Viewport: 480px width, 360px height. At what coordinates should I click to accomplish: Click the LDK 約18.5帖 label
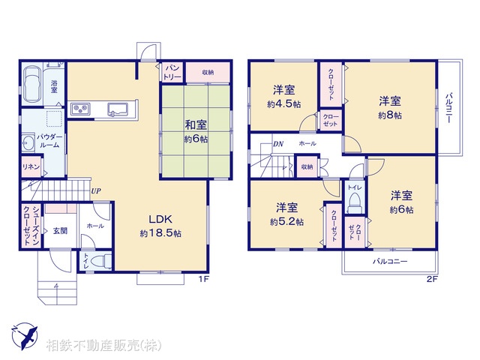(160, 225)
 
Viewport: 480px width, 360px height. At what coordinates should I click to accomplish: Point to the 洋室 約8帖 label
(389, 106)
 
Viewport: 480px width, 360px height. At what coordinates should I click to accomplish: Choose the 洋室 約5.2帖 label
(286, 214)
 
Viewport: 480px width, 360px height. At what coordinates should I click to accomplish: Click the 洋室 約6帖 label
(400, 202)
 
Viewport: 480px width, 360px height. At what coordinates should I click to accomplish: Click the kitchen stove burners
(81, 110)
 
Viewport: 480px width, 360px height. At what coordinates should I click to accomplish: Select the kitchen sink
(118, 109)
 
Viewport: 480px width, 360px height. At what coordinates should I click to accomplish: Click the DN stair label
(277, 143)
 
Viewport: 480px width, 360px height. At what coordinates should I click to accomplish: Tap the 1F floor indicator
(202, 280)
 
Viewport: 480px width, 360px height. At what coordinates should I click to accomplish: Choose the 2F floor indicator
(431, 280)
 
